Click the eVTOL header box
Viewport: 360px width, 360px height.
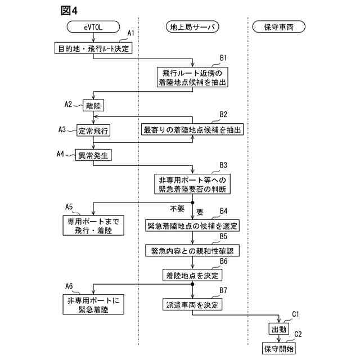[x=93, y=26]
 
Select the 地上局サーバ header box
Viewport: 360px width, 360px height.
[x=193, y=26]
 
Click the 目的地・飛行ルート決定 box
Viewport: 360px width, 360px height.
[x=93, y=48]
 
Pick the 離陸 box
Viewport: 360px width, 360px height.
[x=93, y=105]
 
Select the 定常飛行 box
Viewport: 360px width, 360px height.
[x=93, y=130]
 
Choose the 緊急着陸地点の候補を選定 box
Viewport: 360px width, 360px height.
[x=193, y=226]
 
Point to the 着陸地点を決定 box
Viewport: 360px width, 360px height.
[x=193, y=275]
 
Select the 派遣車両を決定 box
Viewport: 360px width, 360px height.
[x=193, y=305]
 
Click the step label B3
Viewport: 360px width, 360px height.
[x=223, y=165]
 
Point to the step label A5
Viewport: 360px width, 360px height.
[x=70, y=206]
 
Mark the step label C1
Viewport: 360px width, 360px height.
[x=296, y=314]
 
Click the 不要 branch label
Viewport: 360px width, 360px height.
[x=178, y=209]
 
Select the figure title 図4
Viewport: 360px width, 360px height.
[x=67, y=10]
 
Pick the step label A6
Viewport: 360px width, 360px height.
[x=70, y=286]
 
